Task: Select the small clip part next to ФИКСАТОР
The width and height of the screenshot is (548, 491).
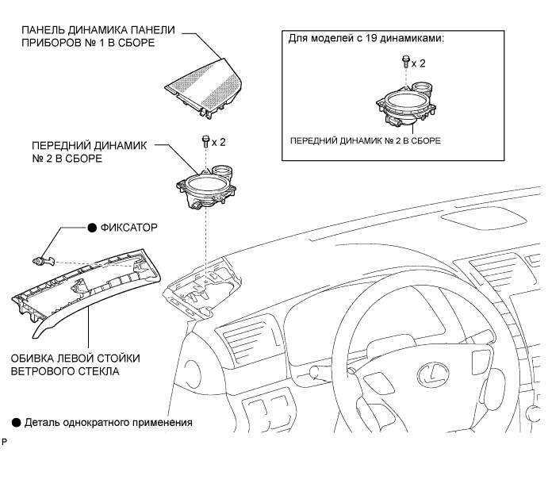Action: (40, 259)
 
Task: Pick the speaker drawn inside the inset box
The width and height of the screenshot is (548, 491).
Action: (405, 105)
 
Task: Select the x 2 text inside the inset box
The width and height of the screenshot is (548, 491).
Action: (419, 61)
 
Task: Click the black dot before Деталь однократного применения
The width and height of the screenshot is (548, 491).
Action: (16, 422)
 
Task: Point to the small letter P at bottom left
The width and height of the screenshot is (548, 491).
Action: (6, 440)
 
